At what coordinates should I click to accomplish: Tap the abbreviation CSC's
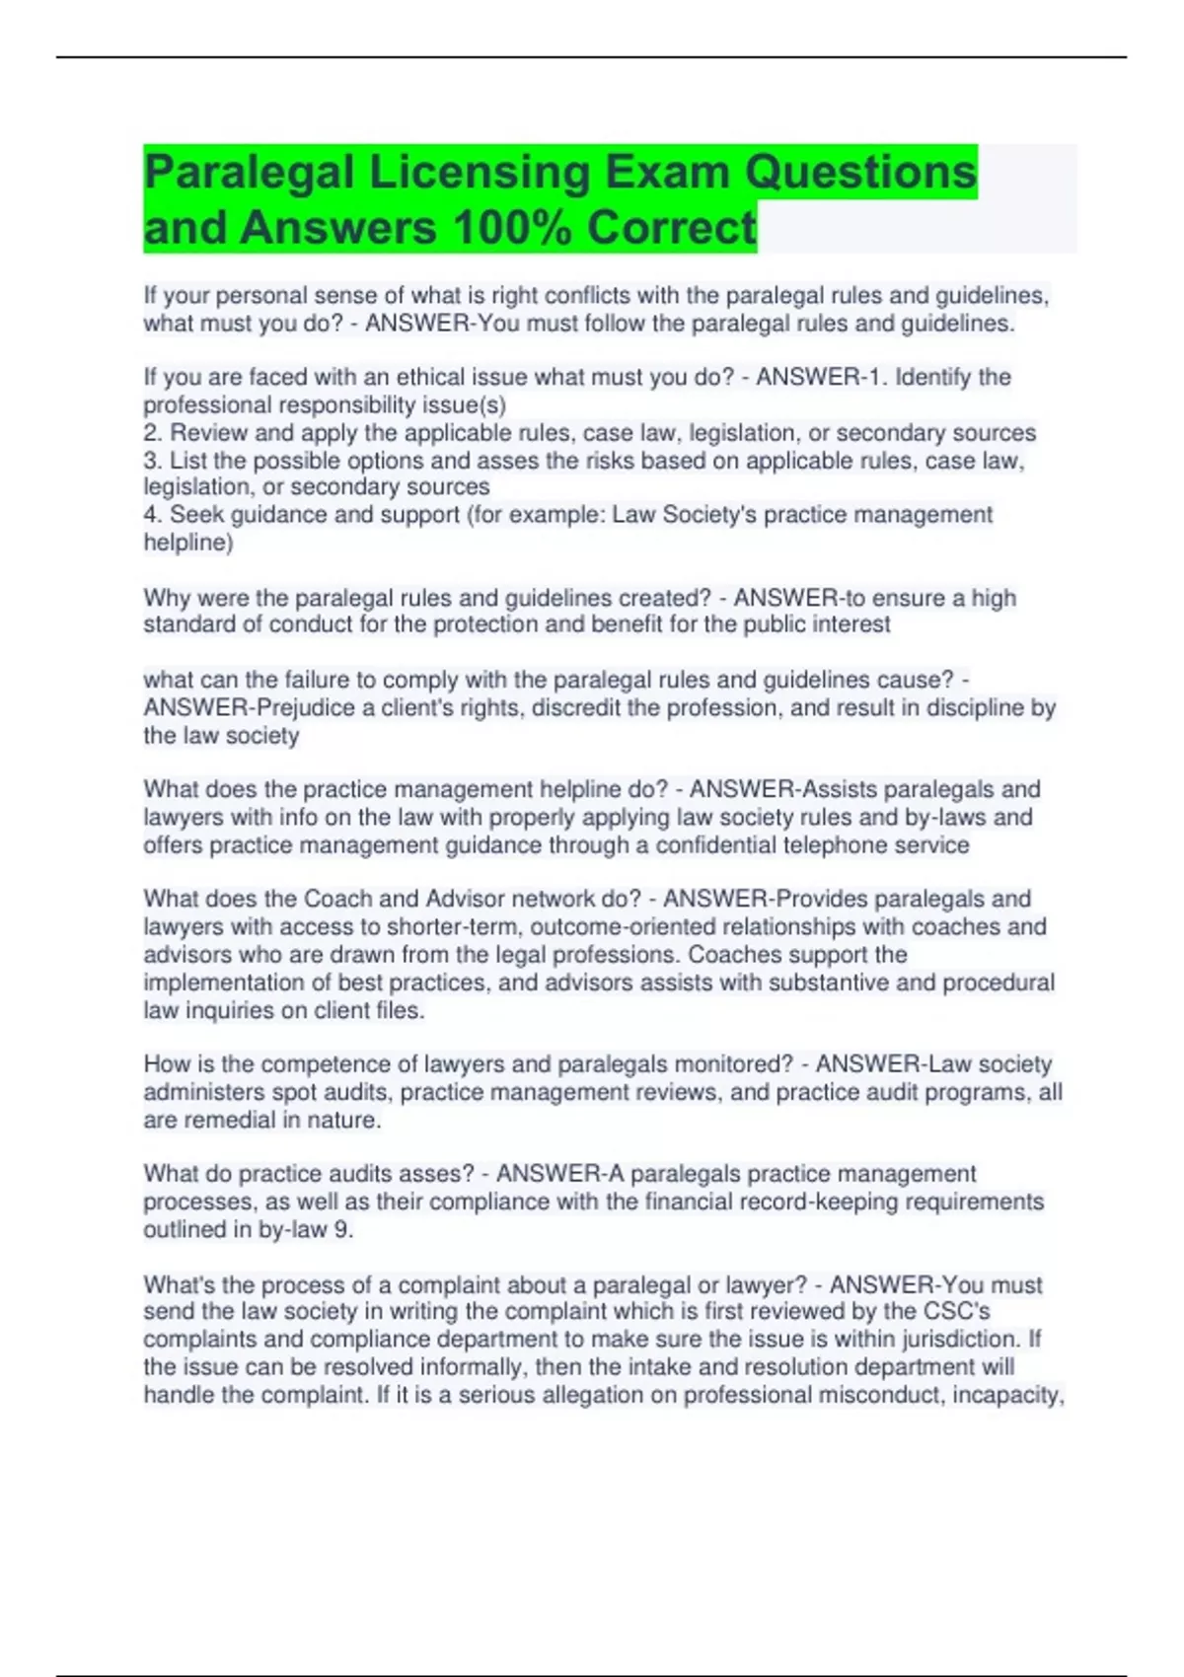pyautogui.click(x=956, y=1312)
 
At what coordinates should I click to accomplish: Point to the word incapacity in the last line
pyautogui.click(x=1006, y=1396)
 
